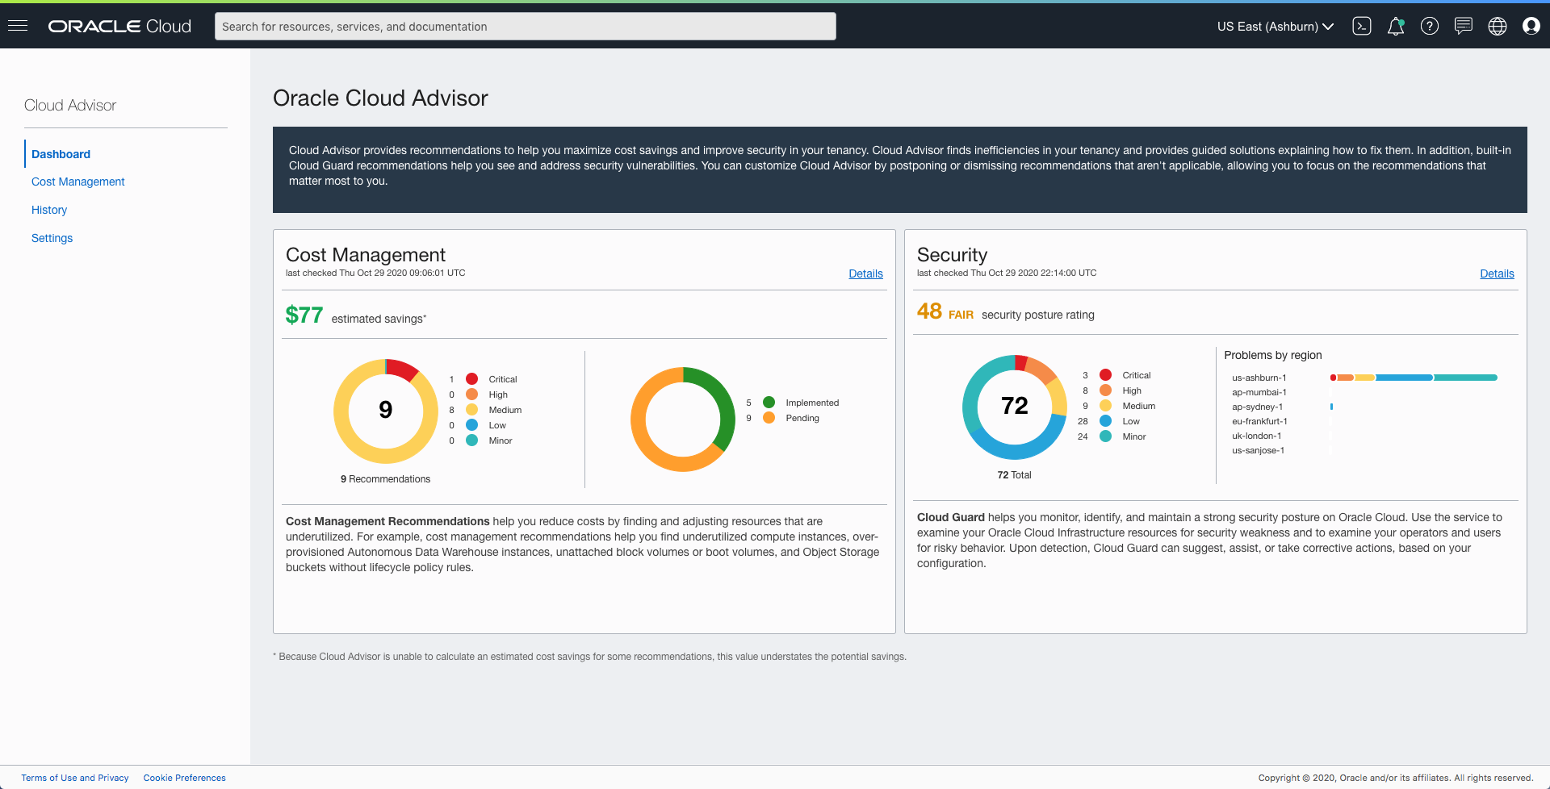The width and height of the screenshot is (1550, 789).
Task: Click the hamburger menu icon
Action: [x=18, y=26]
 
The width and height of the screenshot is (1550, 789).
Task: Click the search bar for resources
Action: [x=525, y=27]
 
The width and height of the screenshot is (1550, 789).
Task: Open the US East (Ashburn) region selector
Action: [x=1275, y=27]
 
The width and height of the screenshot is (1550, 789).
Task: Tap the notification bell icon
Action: [x=1395, y=27]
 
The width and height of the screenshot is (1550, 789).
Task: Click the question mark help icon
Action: [x=1429, y=27]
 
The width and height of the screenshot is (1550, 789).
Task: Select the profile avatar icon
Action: [x=1531, y=27]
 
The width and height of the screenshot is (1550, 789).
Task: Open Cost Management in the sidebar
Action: [x=78, y=182]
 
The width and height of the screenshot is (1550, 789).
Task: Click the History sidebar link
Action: [x=49, y=210]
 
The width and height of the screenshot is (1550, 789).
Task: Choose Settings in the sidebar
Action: [x=52, y=238]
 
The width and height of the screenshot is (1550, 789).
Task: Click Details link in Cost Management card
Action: [x=865, y=273]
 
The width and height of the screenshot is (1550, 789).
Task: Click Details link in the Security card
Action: [x=1497, y=273]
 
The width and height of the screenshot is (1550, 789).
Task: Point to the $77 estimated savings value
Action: [x=304, y=315]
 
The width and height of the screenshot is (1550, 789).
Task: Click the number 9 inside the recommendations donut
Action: [x=386, y=410]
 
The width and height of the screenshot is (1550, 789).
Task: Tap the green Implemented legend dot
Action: [x=769, y=403]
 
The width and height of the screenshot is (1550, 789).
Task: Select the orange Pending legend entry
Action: [x=802, y=418]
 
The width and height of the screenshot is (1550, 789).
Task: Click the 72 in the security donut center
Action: [x=1014, y=406]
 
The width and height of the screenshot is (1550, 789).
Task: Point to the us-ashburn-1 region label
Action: [x=1259, y=378]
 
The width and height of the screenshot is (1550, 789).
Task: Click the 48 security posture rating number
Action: [x=929, y=311]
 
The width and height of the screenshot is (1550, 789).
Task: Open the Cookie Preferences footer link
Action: [x=184, y=778]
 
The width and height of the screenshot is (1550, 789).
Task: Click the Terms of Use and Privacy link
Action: [x=75, y=778]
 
